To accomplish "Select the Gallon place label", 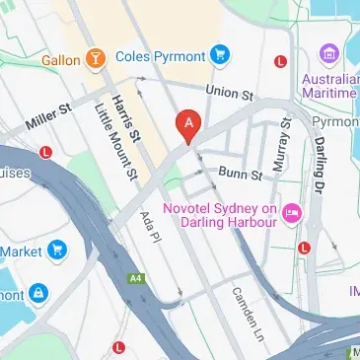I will (60, 60).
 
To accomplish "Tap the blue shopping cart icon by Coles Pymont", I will (221, 54).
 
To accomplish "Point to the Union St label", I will (230, 94).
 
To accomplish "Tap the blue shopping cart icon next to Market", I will (56, 251).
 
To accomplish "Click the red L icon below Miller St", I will (45, 153).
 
